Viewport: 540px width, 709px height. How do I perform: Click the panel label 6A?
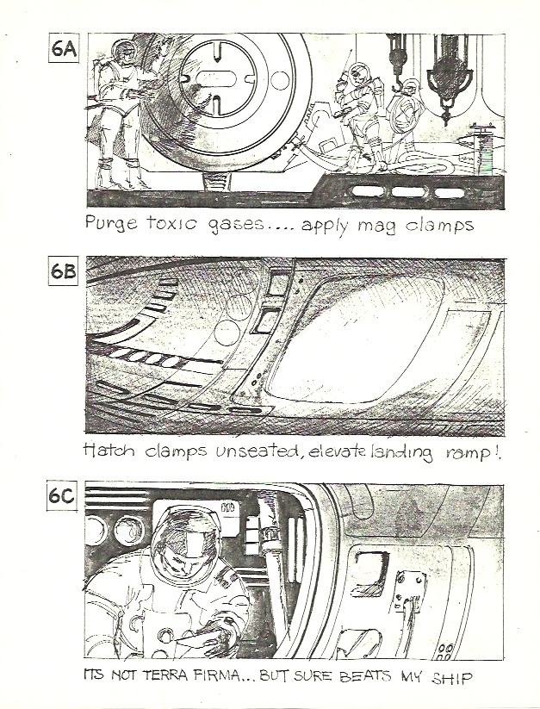64,49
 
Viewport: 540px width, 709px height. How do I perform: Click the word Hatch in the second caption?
109,448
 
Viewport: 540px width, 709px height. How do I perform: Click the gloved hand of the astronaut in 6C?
214,637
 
